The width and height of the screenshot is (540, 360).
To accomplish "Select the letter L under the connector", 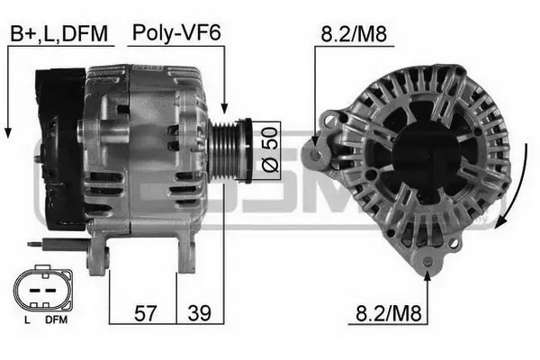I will point(27,319).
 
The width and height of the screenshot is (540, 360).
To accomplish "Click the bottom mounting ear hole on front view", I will point(427,263).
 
